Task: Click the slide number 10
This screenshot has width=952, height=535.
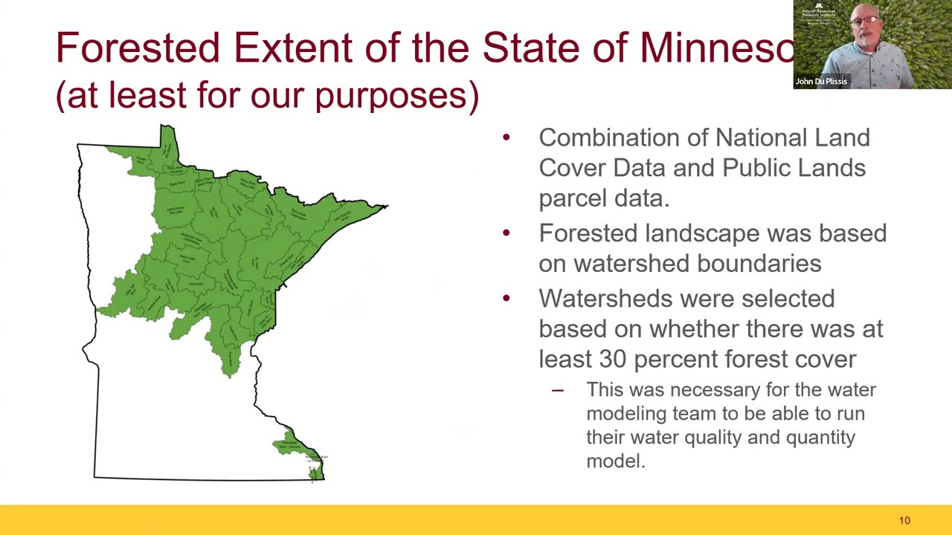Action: [x=904, y=521]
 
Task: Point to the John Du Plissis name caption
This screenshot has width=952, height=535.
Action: [x=821, y=82]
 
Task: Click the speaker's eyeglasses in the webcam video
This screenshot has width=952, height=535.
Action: [x=864, y=20]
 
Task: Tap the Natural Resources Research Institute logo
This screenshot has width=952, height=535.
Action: [x=819, y=13]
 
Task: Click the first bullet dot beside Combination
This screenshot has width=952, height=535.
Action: [x=506, y=137]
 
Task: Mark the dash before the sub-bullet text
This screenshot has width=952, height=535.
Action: [x=557, y=390]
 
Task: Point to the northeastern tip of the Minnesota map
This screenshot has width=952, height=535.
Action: [x=385, y=206]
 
